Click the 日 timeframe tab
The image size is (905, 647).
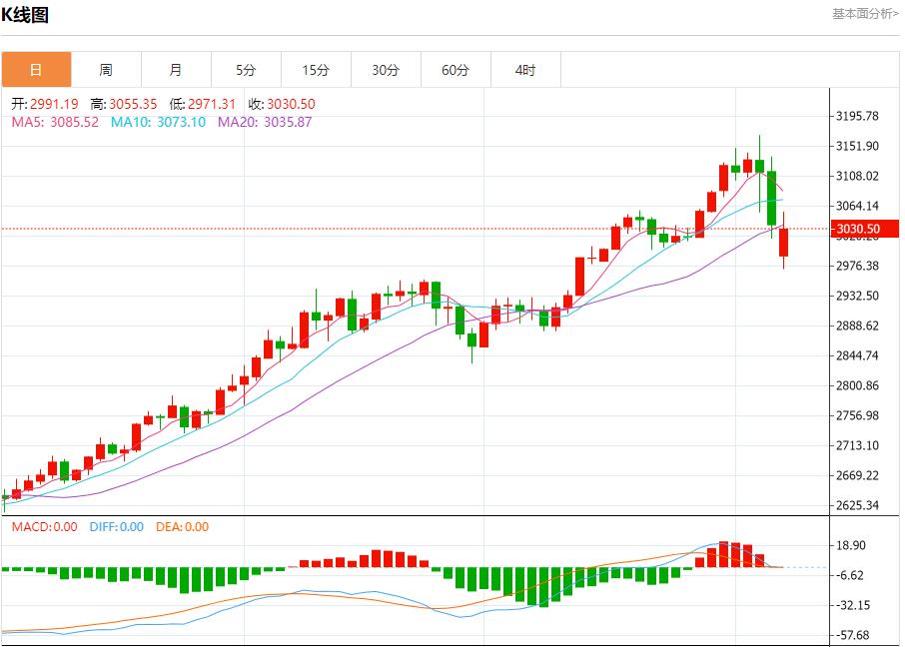(x=36, y=70)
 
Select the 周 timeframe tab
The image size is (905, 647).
(x=106, y=70)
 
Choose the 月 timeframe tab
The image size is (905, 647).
(x=176, y=70)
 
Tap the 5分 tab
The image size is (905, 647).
(x=246, y=70)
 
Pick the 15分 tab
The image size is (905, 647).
(x=316, y=70)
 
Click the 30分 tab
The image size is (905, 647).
(x=386, y=70)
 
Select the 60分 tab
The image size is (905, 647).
(x=455, y=70)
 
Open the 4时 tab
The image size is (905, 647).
(x=525, y=70)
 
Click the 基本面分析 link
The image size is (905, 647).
(x=865, y=14)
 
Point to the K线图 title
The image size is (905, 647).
(x=25, y=15)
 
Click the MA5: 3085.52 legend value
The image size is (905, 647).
(x=55, y=122)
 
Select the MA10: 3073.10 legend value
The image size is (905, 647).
(x=158, y=122)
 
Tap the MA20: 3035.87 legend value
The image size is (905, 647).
(x=265, y=122)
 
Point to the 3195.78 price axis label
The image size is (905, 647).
(x=858, y=116)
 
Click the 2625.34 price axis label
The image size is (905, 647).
(x=858, y=505)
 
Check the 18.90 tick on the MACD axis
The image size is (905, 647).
(x=850, y=545)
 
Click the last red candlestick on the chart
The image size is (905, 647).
(x=784, y=243)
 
